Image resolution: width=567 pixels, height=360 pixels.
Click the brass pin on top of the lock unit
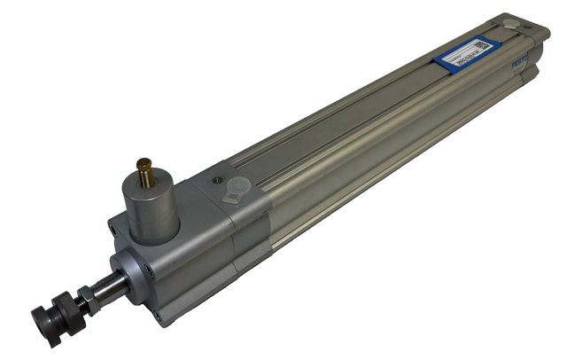click(144, 171)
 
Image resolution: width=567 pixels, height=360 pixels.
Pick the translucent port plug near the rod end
click(237, 189)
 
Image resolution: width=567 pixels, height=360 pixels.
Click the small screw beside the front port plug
click(218, 181)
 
